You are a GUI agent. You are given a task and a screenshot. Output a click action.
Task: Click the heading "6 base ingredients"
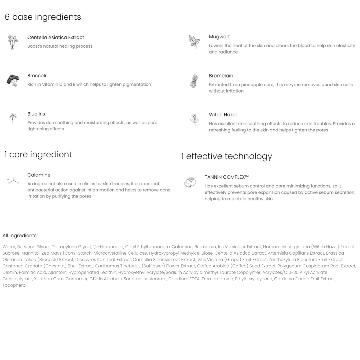click(43, 17)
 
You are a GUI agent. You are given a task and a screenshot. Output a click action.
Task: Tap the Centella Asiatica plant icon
click(13, 42)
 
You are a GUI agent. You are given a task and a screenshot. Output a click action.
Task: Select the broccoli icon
click(13, 80)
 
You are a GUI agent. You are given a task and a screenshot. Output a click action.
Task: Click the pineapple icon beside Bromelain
click(194, 81)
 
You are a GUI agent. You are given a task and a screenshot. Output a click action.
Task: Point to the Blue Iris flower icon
click(13, 119)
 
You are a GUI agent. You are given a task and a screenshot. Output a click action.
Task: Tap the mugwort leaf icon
click(194, 42)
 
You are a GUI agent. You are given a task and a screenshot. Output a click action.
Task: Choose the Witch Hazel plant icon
click(194, 120)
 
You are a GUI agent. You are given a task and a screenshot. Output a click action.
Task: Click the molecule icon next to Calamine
click(13, 181)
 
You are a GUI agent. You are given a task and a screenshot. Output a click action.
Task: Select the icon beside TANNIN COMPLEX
click(190, 182)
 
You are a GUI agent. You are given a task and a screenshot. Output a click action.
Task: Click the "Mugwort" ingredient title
click(219, 37)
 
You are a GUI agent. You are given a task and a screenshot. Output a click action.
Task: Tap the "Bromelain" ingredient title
click(221, 76)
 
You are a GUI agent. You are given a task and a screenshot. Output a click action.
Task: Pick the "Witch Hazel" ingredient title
click(223, 115)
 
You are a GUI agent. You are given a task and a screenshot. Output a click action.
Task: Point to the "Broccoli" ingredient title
click(37, 76)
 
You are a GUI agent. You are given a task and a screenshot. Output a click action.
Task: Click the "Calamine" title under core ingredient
click(39, 175)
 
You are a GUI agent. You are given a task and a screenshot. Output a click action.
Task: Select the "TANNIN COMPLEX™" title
click(227, 177)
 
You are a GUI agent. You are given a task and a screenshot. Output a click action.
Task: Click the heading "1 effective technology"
click(227, 156)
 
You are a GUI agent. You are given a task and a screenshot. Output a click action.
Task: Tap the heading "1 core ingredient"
click(38, 154)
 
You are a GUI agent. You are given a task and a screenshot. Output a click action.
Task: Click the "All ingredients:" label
click(20, 236)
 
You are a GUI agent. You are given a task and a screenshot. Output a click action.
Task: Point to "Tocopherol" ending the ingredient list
click(14, 285)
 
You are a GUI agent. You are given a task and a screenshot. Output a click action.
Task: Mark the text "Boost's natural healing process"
click(60, 46)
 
